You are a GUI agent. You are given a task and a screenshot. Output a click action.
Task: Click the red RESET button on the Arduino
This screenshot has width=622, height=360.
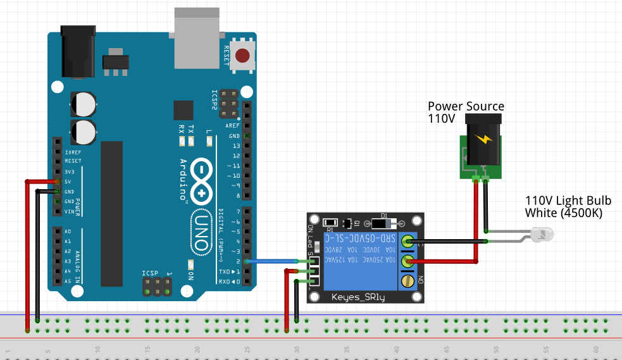[242, 56]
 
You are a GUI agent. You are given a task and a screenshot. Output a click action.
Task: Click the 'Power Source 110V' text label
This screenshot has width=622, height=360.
[466, 112]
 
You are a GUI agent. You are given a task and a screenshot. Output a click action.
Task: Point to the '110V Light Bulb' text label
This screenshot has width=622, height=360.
[568, 207]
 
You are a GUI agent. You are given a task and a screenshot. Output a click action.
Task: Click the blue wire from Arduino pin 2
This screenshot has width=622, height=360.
[272, 261]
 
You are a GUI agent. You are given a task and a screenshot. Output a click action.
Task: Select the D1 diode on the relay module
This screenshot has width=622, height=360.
[382, 223]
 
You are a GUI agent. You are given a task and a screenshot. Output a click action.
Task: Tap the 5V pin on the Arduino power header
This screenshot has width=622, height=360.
[58, 182]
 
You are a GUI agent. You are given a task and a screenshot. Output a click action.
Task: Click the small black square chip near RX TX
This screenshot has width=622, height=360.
[183, 110]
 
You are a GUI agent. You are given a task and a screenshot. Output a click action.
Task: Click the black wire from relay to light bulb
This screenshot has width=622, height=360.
[449, 241]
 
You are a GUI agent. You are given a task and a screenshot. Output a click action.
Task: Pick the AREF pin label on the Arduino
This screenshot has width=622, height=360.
[232, 126]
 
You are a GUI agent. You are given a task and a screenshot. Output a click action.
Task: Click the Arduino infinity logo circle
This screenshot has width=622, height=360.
[202, 181]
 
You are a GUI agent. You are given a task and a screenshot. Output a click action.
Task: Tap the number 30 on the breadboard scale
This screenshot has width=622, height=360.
[297, 349]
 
